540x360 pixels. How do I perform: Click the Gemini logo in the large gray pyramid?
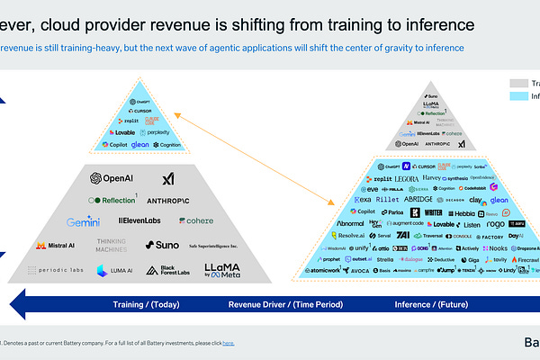82,221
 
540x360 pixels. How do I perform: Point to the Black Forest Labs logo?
173,270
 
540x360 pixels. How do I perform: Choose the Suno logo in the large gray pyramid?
162,245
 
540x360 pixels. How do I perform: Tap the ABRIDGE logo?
425,201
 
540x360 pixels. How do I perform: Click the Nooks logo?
494,247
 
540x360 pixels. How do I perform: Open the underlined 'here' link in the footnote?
228,343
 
